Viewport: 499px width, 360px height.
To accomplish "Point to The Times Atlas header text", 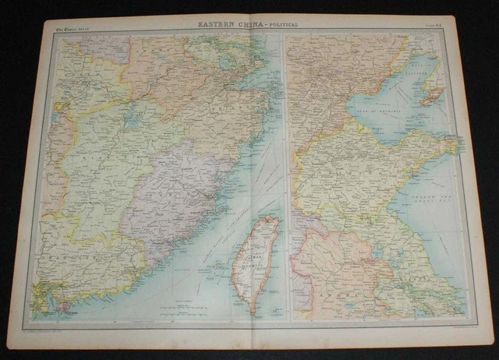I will pos(73,29).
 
